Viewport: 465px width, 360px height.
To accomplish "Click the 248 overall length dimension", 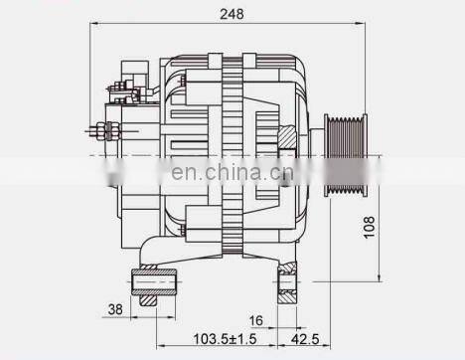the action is [232, 14].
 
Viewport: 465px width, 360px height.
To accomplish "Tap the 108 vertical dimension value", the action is [370, 227].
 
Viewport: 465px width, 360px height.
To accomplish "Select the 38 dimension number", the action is [115, 309].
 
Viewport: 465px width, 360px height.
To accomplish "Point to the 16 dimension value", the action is [255, 320].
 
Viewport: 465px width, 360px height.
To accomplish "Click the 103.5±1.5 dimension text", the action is [225, 339].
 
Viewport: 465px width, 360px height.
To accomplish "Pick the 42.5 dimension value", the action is [305, 339].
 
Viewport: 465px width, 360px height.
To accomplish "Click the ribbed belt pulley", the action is [346, 155].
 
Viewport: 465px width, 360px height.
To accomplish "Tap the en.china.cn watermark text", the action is [232, 172].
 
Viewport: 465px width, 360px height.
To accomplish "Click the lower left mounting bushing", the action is [154, 281].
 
